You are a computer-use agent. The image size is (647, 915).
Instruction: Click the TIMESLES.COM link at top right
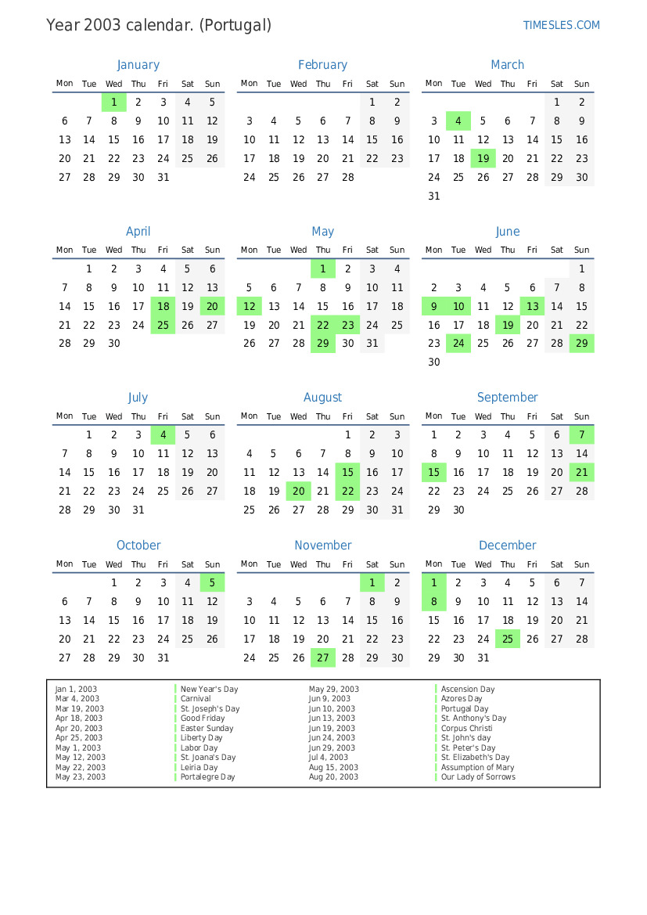pos(561,25)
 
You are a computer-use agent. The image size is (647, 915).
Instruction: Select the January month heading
pos(138,65)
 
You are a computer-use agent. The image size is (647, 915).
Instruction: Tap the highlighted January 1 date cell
pos(114,102)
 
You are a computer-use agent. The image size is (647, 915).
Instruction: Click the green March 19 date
pos(483,158)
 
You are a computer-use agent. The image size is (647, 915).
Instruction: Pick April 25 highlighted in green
pos(163,325)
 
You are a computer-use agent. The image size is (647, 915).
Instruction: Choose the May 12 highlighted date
pos(250,306)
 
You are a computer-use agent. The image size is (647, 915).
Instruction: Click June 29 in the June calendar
pos(581,344)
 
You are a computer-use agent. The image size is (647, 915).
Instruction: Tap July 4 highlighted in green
pos(163,435)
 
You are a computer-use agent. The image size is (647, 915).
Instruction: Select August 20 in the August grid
pos(298,492)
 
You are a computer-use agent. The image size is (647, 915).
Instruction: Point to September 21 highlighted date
pos(581,473)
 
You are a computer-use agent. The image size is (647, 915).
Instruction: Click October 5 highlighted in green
pos(212,582)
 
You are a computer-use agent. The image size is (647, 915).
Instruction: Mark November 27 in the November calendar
pos(323,658)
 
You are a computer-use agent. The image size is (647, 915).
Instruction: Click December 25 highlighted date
pos(508,639)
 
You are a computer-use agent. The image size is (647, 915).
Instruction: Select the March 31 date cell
pos(434,196)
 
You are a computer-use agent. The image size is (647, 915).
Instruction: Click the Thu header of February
pos(323,84)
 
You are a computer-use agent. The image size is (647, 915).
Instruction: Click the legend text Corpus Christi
pos(466,728)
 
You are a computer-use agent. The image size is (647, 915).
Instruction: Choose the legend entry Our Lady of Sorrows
pos(478,777)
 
